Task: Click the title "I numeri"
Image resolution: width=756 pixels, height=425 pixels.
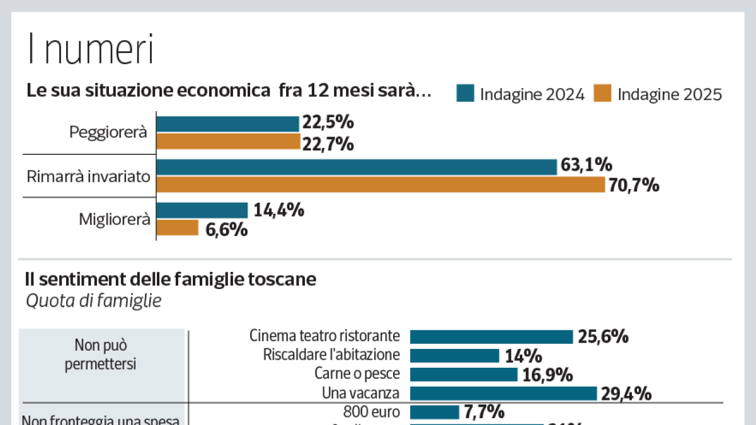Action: point(90,50)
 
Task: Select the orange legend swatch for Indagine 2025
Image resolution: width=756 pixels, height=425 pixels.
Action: point(603,94)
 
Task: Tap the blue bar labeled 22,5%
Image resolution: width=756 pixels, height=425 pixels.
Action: point(227,124)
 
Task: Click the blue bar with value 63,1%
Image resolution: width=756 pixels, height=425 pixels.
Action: point(357,167)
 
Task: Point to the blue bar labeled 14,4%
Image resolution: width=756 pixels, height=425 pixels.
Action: point(202,210)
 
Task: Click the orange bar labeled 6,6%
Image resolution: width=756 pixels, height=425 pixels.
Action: point(178,228)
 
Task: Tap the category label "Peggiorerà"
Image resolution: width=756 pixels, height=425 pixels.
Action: point(108,133)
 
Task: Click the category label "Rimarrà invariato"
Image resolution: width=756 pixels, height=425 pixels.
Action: point(88,176)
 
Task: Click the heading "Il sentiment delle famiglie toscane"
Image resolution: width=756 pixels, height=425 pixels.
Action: point(170,279)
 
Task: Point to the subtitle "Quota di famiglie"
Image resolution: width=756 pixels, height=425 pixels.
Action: point(93,301)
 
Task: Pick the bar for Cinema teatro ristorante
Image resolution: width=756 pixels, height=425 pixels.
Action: point(491,336)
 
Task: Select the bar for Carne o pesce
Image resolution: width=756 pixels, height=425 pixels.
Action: point(464,375)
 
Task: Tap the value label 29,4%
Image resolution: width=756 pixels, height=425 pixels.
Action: point(626,394)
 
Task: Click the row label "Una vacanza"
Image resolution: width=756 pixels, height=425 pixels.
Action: point(360,394)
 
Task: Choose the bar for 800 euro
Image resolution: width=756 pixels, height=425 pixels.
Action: point(435,412)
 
